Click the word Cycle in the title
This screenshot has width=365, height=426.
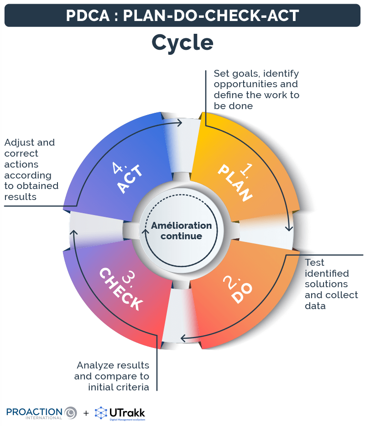[x=182, y=42]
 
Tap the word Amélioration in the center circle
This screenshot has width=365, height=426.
[x=182, y=226]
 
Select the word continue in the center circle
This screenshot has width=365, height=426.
[x=181, y=237]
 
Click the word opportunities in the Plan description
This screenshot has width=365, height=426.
[x=255, y=84]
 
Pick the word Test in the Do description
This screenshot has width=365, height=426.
[x=314, y=263]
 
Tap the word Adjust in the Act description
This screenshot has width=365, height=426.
[x=19, y=142]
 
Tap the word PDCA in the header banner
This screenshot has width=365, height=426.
[x=87, y=16]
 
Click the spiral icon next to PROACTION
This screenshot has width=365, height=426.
[x=70, y=413]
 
